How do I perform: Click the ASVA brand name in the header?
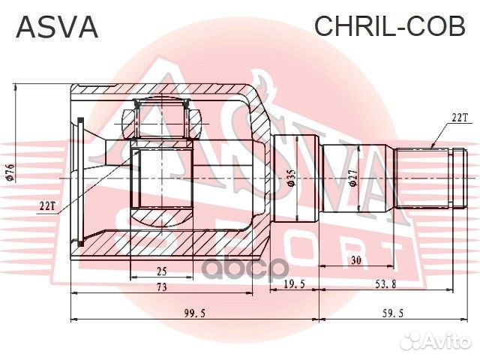(57, 27)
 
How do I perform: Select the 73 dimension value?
(161, 287)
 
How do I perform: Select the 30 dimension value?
(357, 259)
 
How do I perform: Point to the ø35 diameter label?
(290, 178)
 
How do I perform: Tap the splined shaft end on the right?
(435, 178)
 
